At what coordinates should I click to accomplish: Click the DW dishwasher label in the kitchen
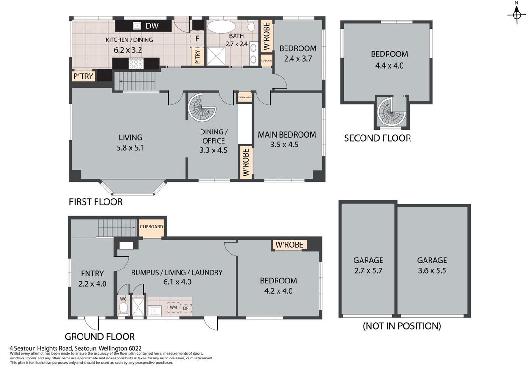coord(152,26)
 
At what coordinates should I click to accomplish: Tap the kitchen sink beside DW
coord(137,26)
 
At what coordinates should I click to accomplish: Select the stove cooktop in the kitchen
coord(136,63)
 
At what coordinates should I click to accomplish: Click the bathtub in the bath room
coord(222,26)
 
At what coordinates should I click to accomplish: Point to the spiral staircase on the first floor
coord(201,108)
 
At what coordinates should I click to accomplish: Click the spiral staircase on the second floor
coord(391,111)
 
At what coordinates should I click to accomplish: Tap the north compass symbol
coord(517,14)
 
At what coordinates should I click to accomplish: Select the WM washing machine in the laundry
coord(173,307)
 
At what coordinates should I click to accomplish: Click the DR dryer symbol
coord(186,308)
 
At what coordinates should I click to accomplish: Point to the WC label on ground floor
coord(123,298)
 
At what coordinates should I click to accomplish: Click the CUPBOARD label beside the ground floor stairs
coord(152,227)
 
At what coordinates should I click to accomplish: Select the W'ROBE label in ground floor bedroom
coord(289,244)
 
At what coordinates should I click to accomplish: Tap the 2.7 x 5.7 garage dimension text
coord(368,271)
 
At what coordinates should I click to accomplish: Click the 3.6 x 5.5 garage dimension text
coord(432,271)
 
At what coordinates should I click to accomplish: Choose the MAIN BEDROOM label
coord(287,135)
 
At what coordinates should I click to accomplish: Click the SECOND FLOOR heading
coord(377,138)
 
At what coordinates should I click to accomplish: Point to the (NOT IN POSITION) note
coord(402,326)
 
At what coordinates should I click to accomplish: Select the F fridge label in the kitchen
coord(197,39)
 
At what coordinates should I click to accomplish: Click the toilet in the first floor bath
coord(251,26)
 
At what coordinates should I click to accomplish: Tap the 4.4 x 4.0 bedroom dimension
coord(389,66)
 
